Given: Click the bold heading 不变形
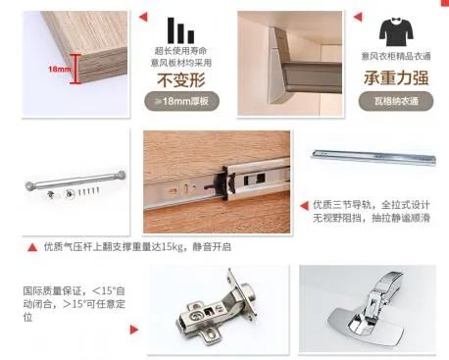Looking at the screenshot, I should pos(179,79).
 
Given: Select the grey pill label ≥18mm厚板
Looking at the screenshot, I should pos(180,100).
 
